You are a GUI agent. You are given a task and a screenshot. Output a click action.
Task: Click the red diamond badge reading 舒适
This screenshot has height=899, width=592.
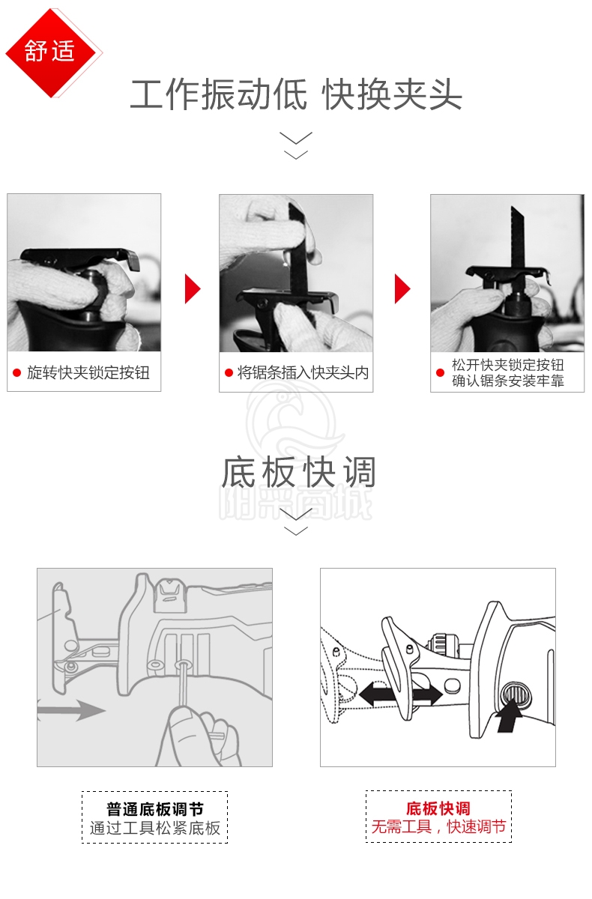click(x=50, y=52)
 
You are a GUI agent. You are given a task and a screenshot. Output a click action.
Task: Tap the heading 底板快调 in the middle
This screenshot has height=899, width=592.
click(x=298, y=472)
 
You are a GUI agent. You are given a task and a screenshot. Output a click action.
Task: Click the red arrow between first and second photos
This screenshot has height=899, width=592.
click(x=193, y=288)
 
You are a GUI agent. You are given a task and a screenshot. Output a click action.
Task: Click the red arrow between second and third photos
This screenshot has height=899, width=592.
click(x=402, y=288)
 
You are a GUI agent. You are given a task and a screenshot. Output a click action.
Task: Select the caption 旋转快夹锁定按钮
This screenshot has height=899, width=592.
click(x=88, y=373)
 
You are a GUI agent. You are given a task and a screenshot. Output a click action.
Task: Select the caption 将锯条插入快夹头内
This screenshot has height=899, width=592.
click(x=303, y=373)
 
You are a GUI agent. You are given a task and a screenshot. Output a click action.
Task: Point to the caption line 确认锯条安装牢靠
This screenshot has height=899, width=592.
click(x=508, y=381)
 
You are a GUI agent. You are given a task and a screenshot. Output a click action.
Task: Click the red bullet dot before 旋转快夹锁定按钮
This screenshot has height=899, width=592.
click(x=16, y=373)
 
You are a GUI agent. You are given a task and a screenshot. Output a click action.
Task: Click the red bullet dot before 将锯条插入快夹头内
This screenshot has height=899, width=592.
click(x=229, y=373)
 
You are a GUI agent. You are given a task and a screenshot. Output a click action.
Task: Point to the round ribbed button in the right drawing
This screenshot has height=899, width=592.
click(x=516, y=694)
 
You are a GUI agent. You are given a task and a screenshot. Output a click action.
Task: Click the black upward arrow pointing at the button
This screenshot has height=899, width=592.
click(x=509, y=718)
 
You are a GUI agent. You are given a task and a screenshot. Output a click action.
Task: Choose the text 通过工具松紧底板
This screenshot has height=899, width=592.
click(x=155, y=829)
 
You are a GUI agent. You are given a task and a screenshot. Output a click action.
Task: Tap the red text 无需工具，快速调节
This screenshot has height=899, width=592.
click(x=438, y=827)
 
